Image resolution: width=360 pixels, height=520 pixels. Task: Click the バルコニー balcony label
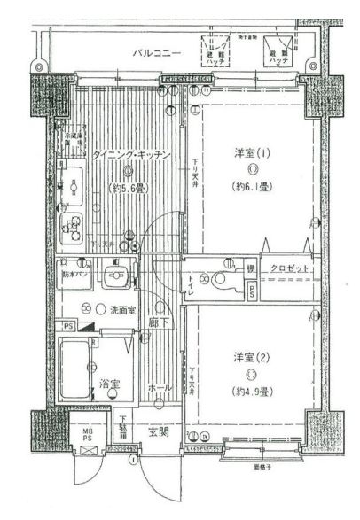point(157,54)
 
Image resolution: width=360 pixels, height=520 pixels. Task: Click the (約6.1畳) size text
point(254,187)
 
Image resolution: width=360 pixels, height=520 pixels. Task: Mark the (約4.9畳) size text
point(252,391)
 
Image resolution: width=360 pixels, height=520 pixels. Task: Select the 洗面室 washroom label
point(122,310)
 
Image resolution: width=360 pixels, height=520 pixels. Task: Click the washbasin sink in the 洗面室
point(113,274)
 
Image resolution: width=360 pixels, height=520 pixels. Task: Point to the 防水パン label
point(74,276)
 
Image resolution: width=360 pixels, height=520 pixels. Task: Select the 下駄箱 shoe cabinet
point(125,431)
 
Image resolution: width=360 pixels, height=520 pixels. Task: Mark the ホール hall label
point(160,388)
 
